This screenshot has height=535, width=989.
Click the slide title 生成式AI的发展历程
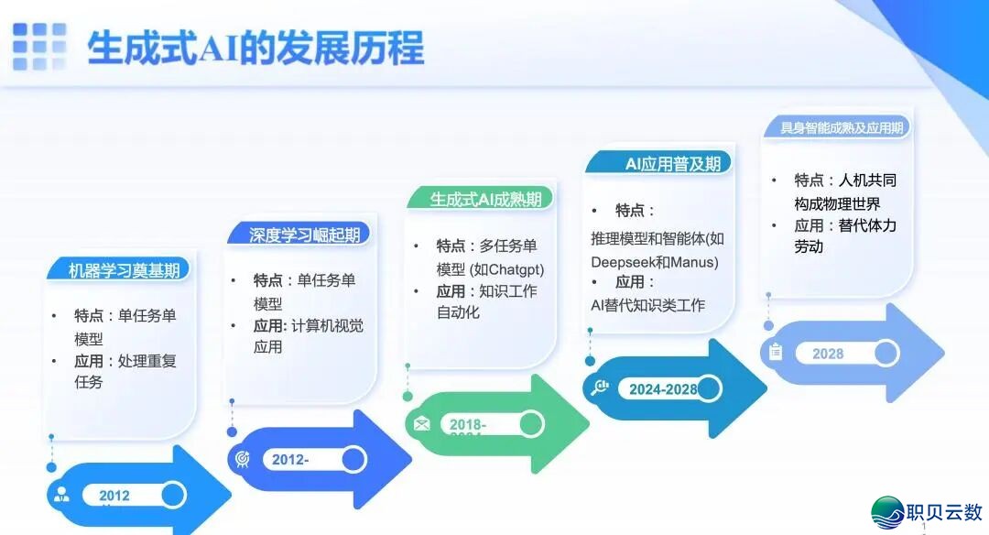(255, 48)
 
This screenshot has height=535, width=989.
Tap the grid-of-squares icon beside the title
(39, 47)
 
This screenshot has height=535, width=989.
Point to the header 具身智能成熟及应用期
(841, 128)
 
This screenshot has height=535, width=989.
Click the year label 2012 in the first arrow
(114, 496)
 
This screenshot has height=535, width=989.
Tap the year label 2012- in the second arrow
(290, 460)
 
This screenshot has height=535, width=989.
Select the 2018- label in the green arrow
(468, 424)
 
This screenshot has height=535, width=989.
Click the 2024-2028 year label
(663, 389)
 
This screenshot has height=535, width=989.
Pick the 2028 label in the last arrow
(828, 354)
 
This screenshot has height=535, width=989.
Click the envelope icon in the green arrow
(421, 424)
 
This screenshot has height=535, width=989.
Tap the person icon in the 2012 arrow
(61, 496)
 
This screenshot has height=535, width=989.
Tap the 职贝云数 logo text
(943, 511)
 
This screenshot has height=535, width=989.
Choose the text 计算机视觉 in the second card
(327, 325)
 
